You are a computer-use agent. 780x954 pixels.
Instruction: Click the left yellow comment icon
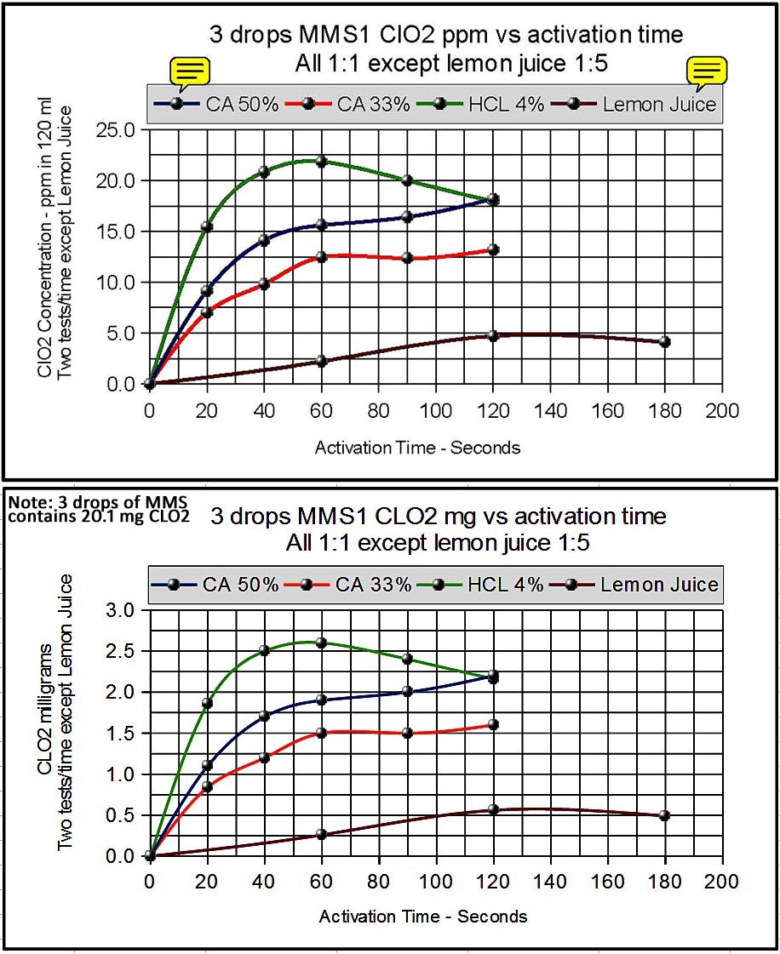click(x=190, y=71)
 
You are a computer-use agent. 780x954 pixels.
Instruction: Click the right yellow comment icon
click(x=708, y=71)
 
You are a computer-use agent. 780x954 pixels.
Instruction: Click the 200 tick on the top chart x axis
click(x=722, y=409)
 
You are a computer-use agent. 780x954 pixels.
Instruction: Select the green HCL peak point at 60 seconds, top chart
click(x=321, y=161)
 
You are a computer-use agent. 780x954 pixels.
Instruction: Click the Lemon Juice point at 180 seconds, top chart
click(x=664, y=342)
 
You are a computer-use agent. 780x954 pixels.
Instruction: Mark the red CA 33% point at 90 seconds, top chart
click(x=407, y=258)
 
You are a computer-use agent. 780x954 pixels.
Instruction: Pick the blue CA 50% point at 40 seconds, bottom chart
click(x=264, y=716)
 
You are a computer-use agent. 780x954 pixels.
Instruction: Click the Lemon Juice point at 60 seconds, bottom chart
click(x=321, y=834)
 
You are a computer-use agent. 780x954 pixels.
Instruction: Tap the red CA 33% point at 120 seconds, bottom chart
click(x=493, y=724)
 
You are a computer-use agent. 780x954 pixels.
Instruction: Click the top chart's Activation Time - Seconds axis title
click(x=417, y=447)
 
